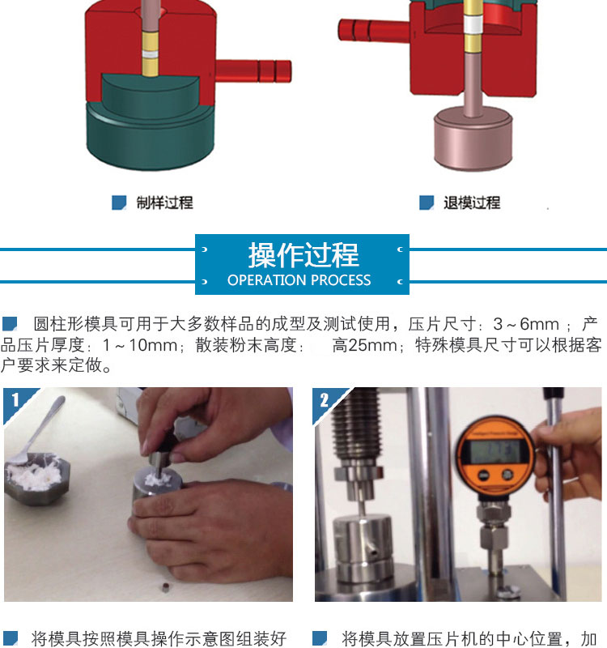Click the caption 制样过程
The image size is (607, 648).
coord(165,203)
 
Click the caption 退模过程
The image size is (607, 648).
coord(472,203)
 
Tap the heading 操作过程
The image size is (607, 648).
coord(303,255)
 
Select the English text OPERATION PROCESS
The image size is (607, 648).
coord(299,280)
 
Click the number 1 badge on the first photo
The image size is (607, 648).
coord(15,400)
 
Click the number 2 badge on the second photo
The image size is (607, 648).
coord(325,400)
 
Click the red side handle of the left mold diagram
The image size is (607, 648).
coord(253,71)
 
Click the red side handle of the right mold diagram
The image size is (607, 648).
coord(374,30)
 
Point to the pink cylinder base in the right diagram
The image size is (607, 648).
coord(473,138)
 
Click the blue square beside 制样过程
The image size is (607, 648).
coord(119,202)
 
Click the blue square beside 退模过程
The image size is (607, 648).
coord(427,202)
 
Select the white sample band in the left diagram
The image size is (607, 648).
coord(150,54)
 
